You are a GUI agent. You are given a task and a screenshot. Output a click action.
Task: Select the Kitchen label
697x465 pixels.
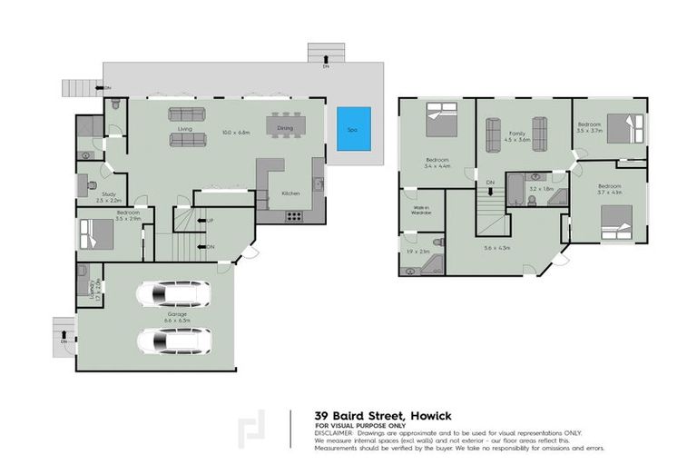[x=290, y=193]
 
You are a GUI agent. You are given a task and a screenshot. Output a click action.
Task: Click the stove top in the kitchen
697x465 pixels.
[x=294, y=215]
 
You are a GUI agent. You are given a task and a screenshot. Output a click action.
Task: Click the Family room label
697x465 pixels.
[x=516, y=135]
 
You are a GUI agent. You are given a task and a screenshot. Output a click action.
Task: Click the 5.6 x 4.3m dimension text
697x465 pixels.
[x=502, y=247]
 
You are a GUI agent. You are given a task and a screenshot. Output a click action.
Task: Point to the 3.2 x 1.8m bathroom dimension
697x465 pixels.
[x=541, y=189]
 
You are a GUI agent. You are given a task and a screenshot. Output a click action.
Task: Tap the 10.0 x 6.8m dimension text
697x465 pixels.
[x=234, y=133]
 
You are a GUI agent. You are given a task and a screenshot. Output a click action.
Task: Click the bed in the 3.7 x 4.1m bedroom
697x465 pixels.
[x=616, y=219]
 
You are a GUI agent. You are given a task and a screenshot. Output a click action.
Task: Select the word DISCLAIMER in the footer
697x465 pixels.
[x=335, y=432]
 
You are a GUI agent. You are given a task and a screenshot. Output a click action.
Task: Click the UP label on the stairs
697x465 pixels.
[x=210, y=221]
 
